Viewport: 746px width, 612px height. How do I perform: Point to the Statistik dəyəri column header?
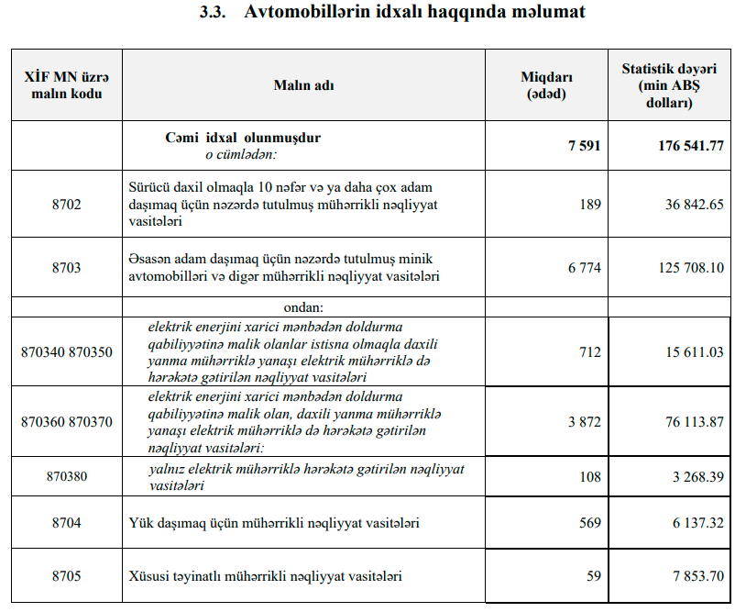point(669,85)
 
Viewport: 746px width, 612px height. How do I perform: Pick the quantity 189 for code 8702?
point(590,205)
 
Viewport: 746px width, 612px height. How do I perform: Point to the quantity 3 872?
point(585,422)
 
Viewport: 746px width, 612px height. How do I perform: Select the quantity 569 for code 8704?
point(590,523)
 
